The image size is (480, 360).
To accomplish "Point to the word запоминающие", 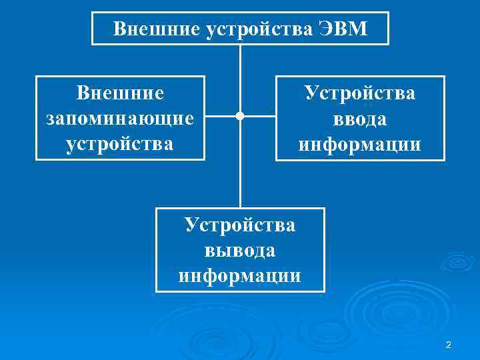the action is tap(120, 118).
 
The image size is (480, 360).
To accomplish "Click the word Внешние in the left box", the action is tap(120, 93).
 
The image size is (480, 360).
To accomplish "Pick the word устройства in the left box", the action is tap(120, 143).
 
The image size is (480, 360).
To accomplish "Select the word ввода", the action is tap(360, 119).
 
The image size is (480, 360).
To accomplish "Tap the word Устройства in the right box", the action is tap(360, 93).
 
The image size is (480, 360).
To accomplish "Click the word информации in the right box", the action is tap(360, 144).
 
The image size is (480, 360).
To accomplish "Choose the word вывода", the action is tap(240, 250).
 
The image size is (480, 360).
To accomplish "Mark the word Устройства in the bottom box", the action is tap(240, 225).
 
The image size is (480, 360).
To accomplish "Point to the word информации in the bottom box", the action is tap(240, 275).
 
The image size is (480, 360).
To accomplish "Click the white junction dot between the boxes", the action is tap(240, 117).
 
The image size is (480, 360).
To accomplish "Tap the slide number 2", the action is tap(448, 345).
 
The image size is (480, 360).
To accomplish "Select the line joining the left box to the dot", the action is tap(221, 117).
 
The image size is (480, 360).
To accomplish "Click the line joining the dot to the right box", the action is tap(259, 117).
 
